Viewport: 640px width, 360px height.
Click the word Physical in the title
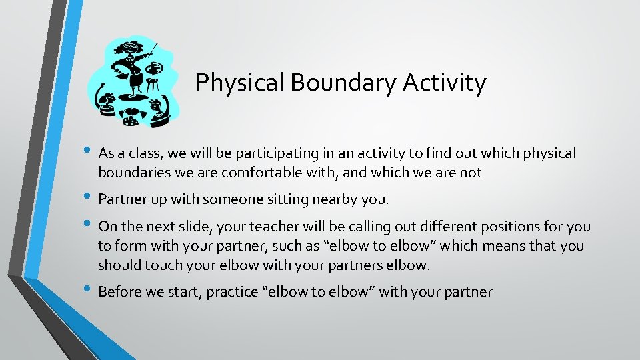237,83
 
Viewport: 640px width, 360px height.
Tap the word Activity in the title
445,83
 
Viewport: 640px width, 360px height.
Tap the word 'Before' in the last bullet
121,291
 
